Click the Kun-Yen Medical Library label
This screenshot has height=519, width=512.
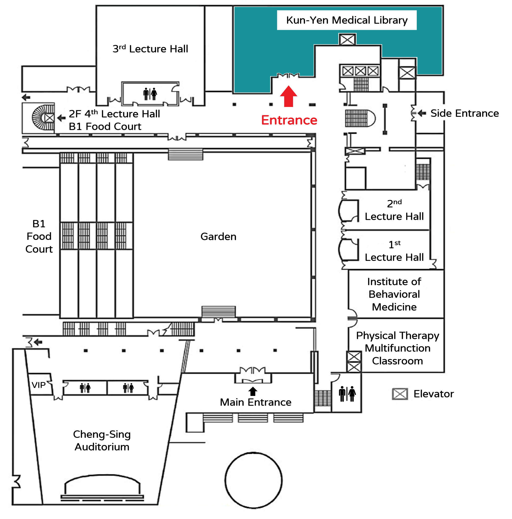click(347, 20)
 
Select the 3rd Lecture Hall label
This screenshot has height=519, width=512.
click(150, 49)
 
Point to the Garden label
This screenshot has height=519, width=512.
click(218, 236)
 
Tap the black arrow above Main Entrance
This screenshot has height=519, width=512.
click(252, 391)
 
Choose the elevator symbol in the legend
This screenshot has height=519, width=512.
click(400, 394)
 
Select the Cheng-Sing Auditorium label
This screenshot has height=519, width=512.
click(102, 440)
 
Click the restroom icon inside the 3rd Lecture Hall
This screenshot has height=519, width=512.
click(150, 94)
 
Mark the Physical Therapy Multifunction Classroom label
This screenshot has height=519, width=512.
click(397, 348)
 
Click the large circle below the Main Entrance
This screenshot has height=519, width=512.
click(253, 480)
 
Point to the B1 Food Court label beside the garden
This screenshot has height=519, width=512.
click(39, 236)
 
